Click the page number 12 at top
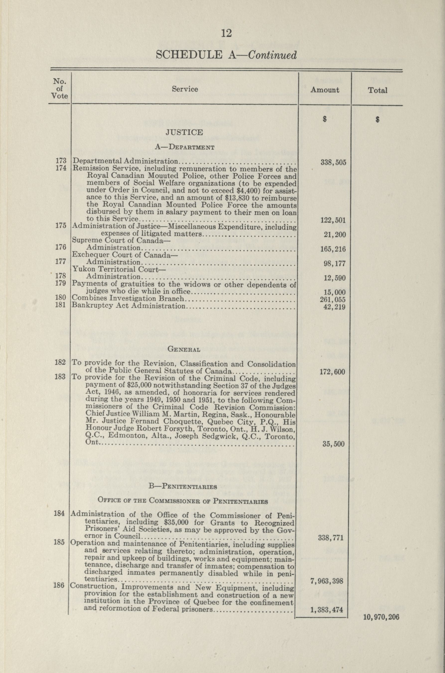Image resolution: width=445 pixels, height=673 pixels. (226, 33)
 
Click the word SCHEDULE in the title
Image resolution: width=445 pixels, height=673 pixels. (189, 55)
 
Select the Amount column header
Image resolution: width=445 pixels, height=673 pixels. (325, 90)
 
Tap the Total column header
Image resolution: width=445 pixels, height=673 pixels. (378, 91)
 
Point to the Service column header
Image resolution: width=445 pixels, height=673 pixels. (185, 89)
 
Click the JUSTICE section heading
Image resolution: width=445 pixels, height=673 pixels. (184, 132)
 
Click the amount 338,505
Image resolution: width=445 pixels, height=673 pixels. (333, 163)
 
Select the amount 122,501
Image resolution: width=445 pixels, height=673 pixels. (333, 220)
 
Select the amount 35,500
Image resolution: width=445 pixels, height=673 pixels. (333, 444)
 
